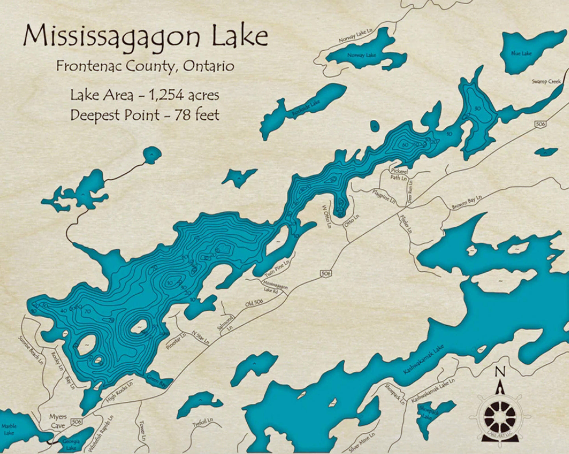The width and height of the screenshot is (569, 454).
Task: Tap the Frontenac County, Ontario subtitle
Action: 145,66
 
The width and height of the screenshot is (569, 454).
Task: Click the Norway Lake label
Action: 361,55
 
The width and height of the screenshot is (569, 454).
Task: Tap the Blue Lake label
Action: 521,53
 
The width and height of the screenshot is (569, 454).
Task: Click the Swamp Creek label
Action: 546,82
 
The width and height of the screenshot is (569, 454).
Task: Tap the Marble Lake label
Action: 9,429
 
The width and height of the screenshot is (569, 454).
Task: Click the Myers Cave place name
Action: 58,421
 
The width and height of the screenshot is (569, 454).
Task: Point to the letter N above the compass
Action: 499,371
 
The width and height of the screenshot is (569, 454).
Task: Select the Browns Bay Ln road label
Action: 467,202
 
